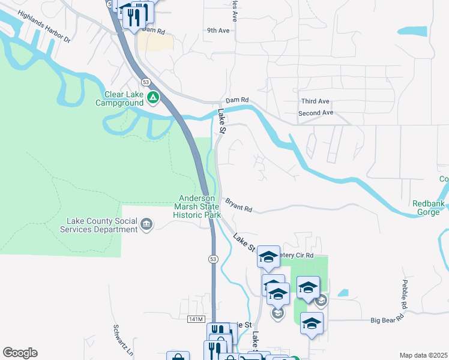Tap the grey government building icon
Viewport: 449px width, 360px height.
pyautogui.click(x=146, y=225)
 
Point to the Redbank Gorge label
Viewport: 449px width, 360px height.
pyautogui.click(x=430, y=208)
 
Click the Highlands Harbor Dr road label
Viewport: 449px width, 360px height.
pyautogui.click(x=44, y=27)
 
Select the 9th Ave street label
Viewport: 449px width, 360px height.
pyautogui.click(x=218, y=30)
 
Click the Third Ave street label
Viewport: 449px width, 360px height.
pyautogui.click(x=315, y=101)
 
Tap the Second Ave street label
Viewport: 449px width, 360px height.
pyautogui.click(x=315, y=113)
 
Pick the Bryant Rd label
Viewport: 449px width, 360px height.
pyautogui.click(x=238, y=205)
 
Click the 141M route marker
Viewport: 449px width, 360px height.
pyautogui.click(x=196, y=318)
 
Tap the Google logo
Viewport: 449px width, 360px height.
pyautogui.click(x=20, y=353)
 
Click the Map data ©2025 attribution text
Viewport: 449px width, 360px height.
pyautogui.click(x=423, y=355)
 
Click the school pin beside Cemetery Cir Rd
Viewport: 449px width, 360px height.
pyautogui.click(x=268, y=256)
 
